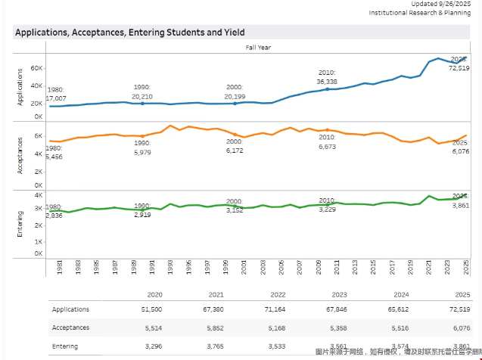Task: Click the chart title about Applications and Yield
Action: tap(130, 33)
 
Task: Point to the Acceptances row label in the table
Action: tap(70, 327)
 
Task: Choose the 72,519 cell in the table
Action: tap(459, 309)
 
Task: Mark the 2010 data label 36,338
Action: tap(327, 81)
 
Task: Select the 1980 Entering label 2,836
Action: tap(54, 215)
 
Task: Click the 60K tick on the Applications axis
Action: tap(37, 68)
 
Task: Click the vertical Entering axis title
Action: tap(20, 225)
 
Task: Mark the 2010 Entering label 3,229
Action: tap(326, 209)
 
